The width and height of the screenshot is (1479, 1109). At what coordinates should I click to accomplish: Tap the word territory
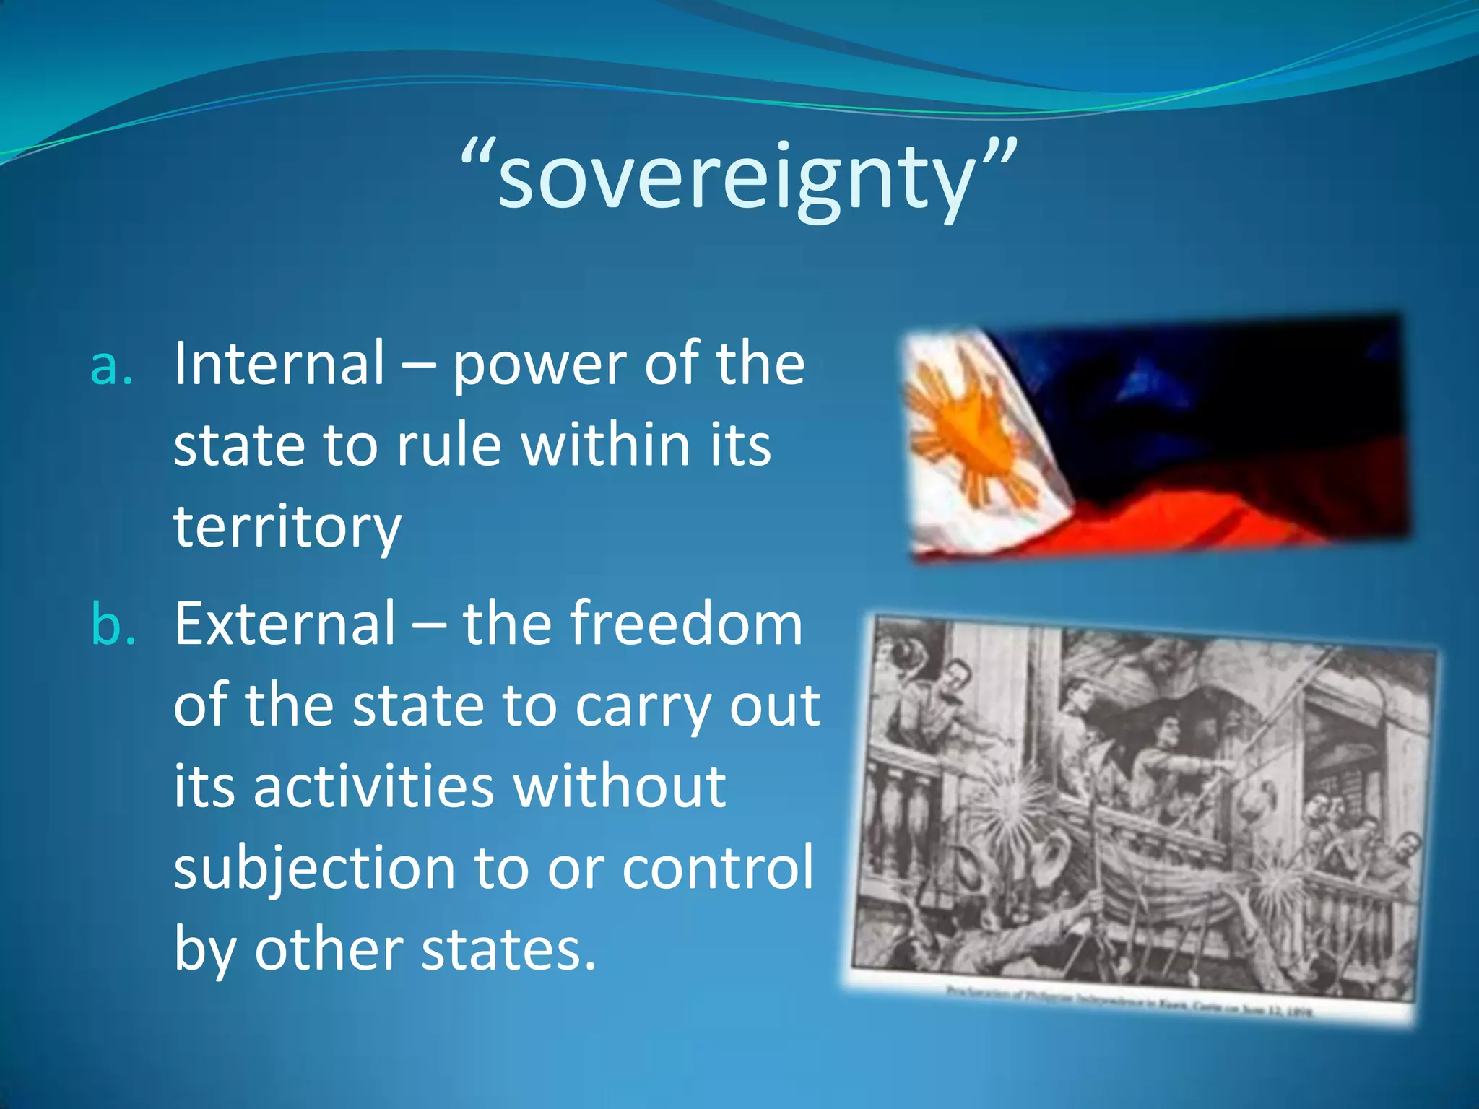(287, 527)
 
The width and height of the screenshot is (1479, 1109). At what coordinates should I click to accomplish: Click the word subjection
(314, 869)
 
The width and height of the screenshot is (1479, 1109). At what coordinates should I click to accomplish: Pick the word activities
(374, 787)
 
